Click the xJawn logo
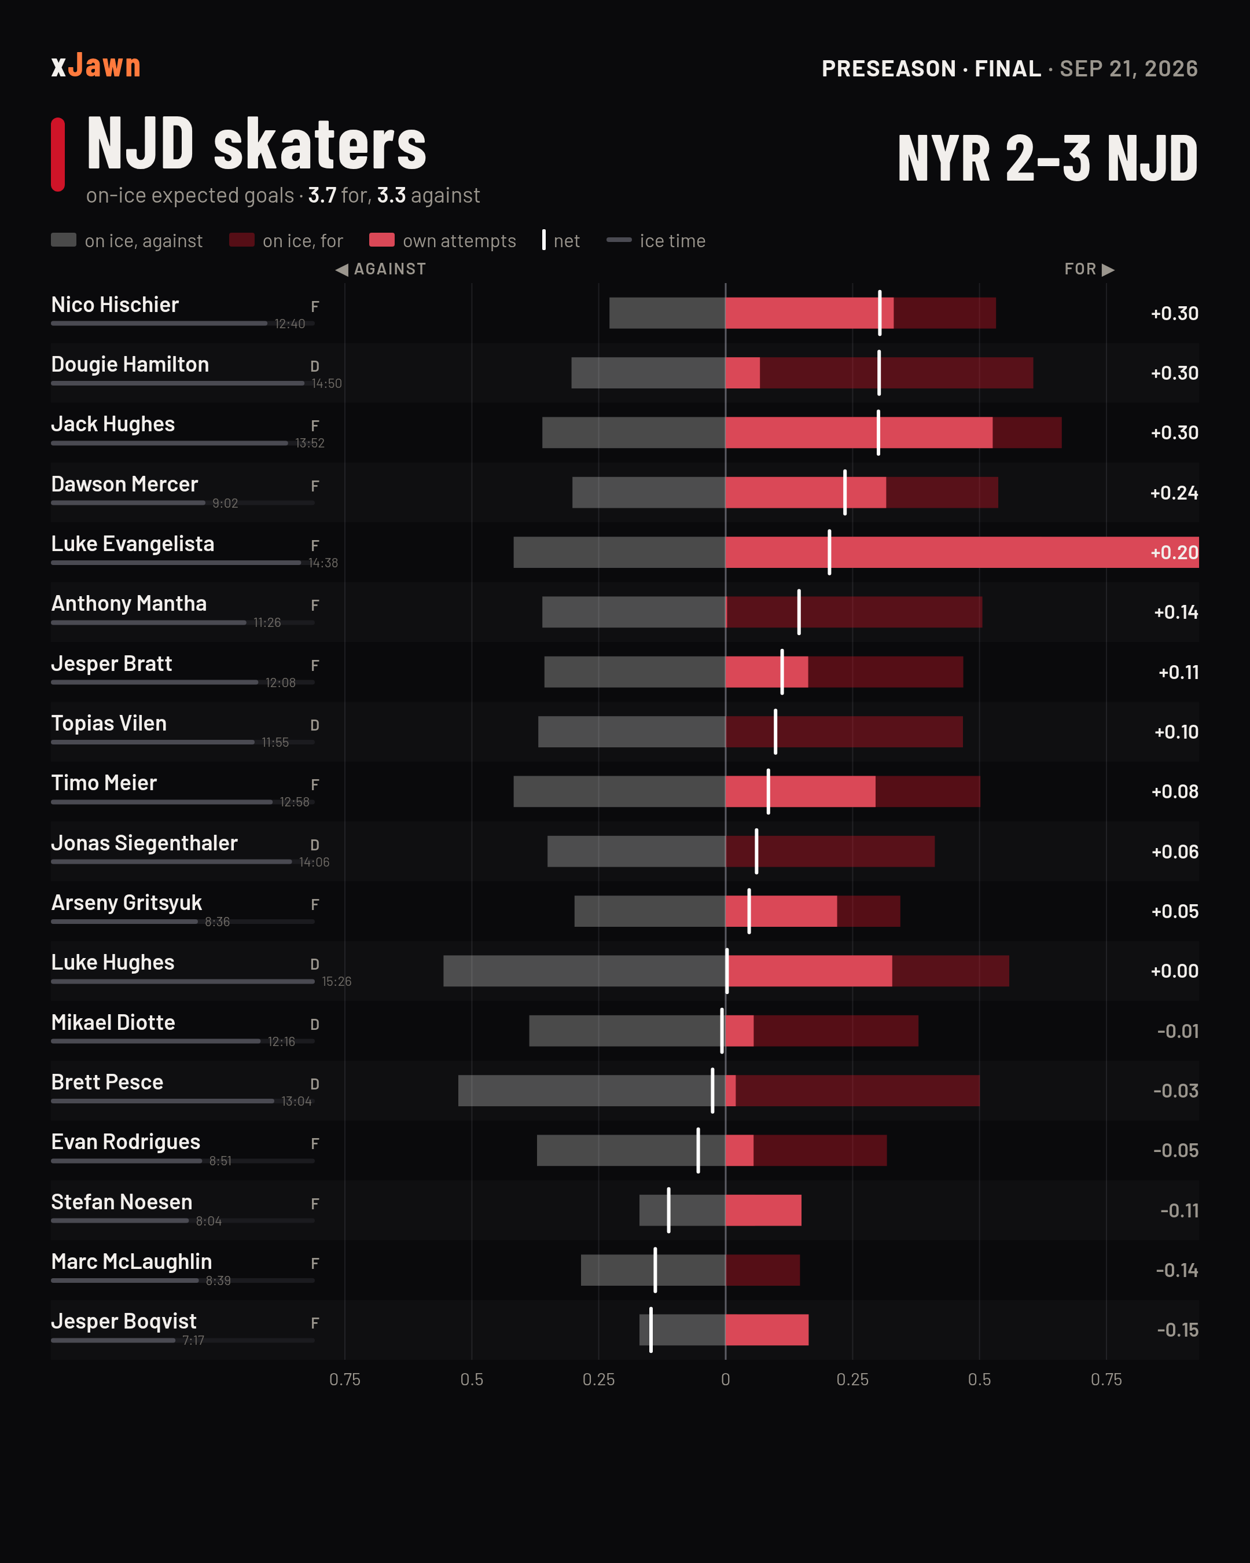(95, 66)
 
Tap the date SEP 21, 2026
(1128, 68)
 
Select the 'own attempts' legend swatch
(382, 240)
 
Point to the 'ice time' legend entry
(656, 241)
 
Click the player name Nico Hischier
(115, 304)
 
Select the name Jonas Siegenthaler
(144, 843)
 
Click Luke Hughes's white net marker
(727, 971)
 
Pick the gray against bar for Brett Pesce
(591, 1090)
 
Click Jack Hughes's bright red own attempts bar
(859, 433)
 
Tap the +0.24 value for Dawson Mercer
(1174, 493)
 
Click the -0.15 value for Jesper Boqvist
(1178, 1330)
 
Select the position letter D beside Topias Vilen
(314, 725)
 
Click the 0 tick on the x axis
(725, 1379)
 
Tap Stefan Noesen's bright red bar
(763, 1210)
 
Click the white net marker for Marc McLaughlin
(655, 1270)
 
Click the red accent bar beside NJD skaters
(58, 155)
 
